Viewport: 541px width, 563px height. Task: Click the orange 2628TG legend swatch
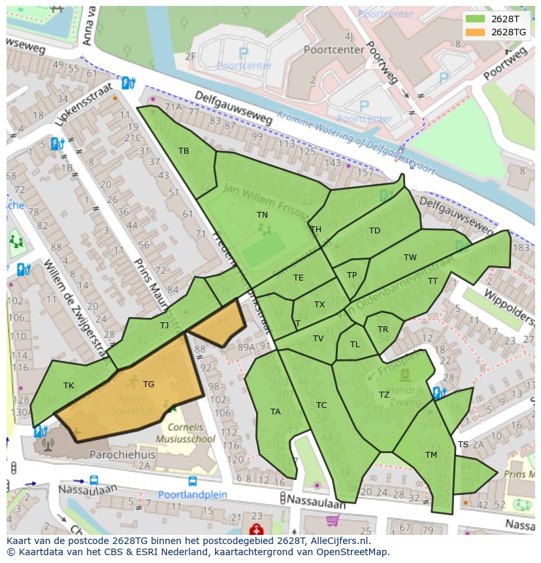tap(476, 32)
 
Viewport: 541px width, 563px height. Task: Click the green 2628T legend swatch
tap(476, 19)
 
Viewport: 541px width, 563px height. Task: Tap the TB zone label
tap(184, 151)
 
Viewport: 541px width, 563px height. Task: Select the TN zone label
tap(262, 214)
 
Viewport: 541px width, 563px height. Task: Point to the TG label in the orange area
tap(148, 384)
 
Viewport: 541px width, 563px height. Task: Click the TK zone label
tap(69, 386)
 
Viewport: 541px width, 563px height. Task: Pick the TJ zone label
tap(164, 325)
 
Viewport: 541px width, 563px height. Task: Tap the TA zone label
tap(275, 412)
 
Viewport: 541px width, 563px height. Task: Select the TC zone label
tap(321, 405)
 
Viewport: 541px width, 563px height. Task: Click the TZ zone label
tap(384, 395)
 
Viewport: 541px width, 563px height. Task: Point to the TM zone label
tap(431, 455)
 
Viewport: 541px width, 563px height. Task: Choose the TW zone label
tap(410, 258)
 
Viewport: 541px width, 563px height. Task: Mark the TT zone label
tap(433, 281)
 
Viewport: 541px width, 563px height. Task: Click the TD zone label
tap(374, 231)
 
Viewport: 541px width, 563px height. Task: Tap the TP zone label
tap(352, 275)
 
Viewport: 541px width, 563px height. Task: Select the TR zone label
tap(382, 330)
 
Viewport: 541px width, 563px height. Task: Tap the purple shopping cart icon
tap(333, 521)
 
